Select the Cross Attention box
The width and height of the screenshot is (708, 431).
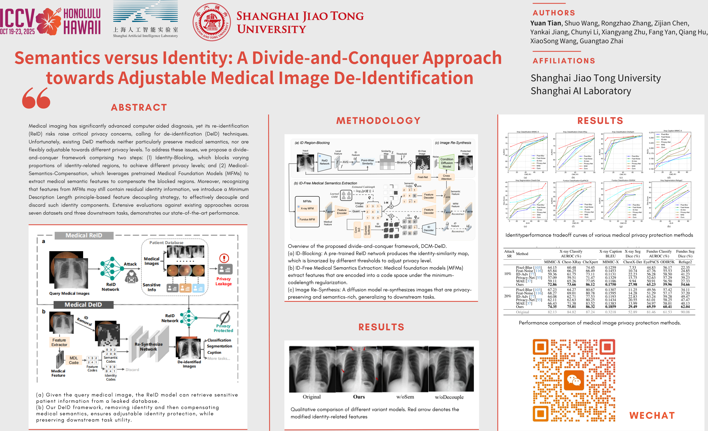(446, 177)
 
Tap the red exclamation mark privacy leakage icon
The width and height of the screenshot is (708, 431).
(224, 258)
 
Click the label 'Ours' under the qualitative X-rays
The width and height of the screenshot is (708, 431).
(359, 397)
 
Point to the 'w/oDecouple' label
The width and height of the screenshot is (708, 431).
(449, 397)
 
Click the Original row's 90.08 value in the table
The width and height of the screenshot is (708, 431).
(685, 312)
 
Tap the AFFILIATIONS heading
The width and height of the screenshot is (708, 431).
(564, 61)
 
